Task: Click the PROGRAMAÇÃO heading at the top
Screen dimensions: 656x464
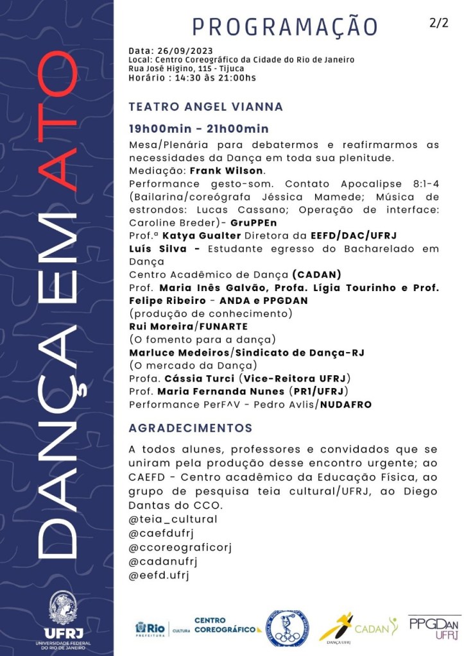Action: click(286, 27)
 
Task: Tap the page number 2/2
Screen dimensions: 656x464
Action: click(439, 22)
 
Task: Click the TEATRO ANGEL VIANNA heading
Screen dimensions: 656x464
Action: click(205, 107)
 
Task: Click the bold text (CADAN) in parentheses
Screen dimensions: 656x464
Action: click(320, 274)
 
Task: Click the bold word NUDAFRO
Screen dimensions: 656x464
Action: click(347, 405)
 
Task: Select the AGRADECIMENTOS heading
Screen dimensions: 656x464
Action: click(191, 428)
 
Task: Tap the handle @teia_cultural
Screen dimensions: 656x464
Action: click(173, 519)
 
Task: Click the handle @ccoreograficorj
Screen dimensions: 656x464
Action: click(180, 547)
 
